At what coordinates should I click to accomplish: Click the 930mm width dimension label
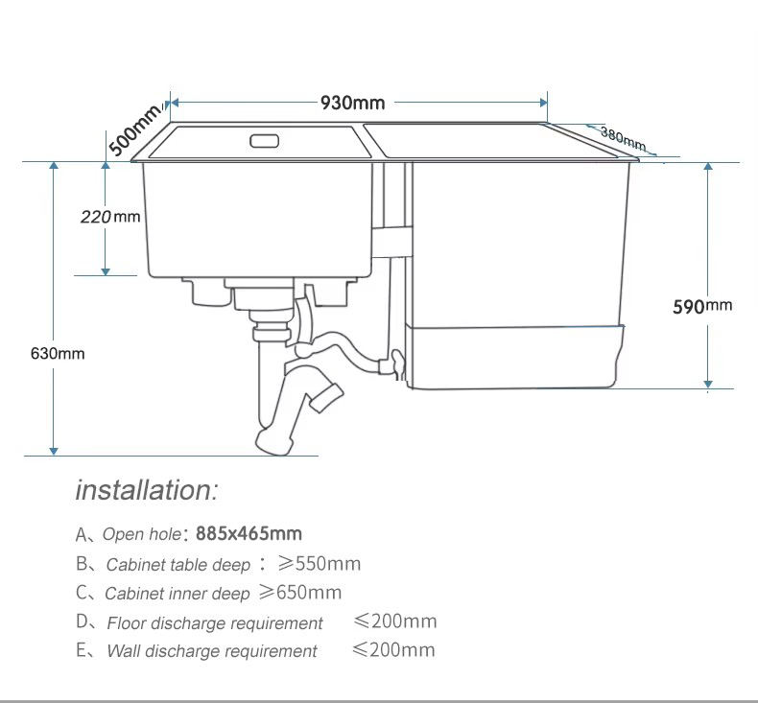point(353,103)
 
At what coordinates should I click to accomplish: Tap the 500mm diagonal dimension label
point(135,129)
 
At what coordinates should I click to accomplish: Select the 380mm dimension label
point(623,138)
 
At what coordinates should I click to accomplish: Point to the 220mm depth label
point(110,217)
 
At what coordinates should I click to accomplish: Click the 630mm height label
point(58,354)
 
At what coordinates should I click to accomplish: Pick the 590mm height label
point(702,306)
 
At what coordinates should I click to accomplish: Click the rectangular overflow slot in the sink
point(265,141)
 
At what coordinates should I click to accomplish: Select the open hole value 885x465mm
point(249,533)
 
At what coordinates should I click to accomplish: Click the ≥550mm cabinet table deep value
point(320,563)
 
